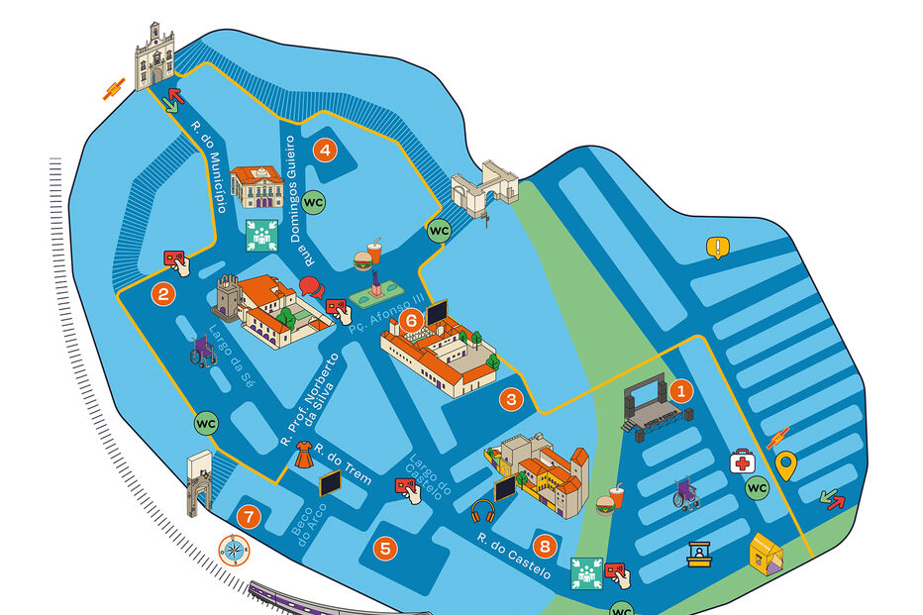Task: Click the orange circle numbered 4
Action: point(324,152)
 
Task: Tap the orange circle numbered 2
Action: point(163,293)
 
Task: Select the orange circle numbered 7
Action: point(249,516)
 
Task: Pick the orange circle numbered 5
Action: point(386,547)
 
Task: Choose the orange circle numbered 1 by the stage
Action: point(680,390)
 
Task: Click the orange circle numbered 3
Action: point(511,400)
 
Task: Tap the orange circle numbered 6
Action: point(411,319)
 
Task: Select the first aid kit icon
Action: point(742,461)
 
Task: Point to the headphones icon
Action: point(483,512)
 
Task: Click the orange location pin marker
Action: point(785,465)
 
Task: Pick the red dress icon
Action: point(304,455)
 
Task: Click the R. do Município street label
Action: point(209,166)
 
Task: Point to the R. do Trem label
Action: point(349,469)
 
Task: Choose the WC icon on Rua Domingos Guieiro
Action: point(313,202)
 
